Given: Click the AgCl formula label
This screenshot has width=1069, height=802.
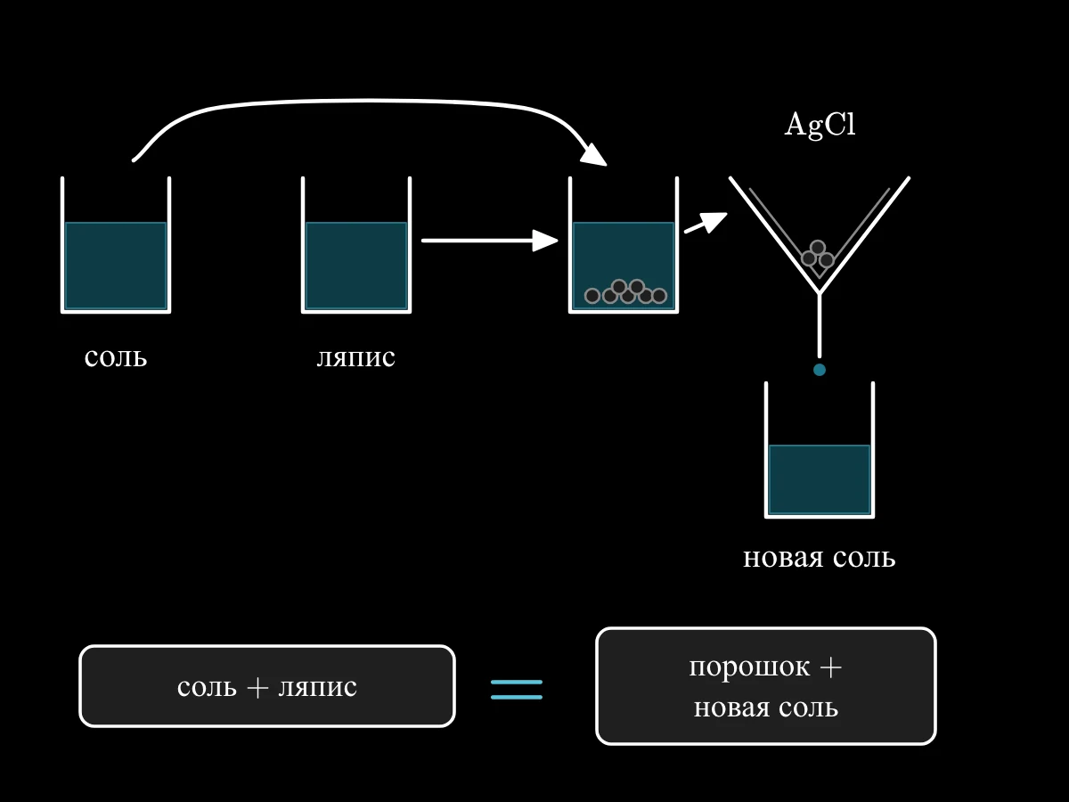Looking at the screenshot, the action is pyautogui.click(x=820, y=125).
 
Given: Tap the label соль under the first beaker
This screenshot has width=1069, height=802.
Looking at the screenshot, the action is pyautogui.click(x=116, y=358).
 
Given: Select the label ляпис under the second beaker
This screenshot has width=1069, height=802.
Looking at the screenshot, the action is pyautogui.click(x=356, y=358).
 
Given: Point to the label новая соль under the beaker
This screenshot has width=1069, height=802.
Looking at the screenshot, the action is pyautogui.click(x=820, y=558).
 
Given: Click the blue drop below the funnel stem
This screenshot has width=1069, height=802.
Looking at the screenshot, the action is pyautogui.click(x=820, y=370).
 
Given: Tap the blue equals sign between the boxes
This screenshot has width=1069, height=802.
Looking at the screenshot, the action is pyautogui.click(x=516, y=690).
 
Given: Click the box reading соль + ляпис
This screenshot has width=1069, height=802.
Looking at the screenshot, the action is pyautogui.click(x=267, y=686).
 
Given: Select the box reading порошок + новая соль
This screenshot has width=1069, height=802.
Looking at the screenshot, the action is pyautogui.click(x=765, y=686).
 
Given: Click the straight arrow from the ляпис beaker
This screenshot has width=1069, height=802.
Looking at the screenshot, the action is pyautogui.click(x=489, y=241).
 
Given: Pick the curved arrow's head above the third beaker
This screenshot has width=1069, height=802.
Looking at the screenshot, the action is pyautogui.click(x=595, y=156).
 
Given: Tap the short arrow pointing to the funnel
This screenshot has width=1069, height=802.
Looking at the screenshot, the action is pyautogui.click(x=706, y=223).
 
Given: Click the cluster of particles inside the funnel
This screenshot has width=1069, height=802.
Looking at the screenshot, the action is pyautogui.click(x=818, y=255).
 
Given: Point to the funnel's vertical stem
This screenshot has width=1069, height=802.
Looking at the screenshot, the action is pyautogui.click(x=820, y=325).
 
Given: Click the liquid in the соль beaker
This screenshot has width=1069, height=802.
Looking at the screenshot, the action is pyautogui.click(x=116, y=266).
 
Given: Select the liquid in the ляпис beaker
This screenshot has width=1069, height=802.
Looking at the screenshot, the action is pyautogui.click(x=356, y=266).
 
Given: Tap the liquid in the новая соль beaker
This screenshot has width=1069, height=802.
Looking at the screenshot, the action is pyautogui.click(x=820, y=479).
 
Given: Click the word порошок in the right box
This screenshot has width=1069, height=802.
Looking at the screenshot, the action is pyautogui.click(x=749, y=667).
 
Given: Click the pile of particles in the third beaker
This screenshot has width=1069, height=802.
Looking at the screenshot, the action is pyautogui.click(x=625, y=291).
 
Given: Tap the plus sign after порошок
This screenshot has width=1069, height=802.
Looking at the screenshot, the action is pyautogui.click(x=831, y=667).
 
